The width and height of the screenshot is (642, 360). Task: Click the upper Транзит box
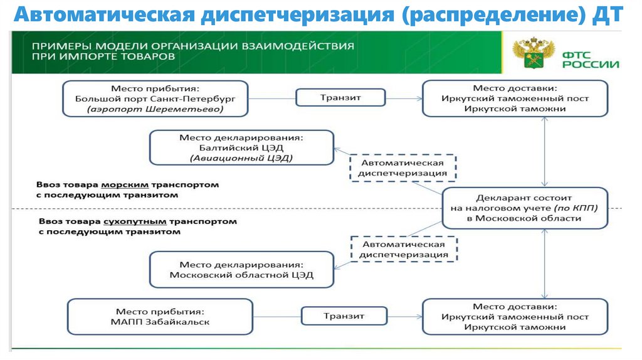coord(341,98)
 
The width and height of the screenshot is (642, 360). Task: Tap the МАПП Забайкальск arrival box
coord(159,317)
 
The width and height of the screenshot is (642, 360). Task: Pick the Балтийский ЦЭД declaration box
coord(241,148)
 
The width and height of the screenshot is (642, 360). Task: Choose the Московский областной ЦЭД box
coord(241,270)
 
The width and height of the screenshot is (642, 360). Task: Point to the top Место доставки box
coord(515,98)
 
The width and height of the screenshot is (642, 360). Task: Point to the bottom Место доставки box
coord(515,317)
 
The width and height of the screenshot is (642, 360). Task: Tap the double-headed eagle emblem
coord(534,54)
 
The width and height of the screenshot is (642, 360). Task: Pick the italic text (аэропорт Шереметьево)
coord(155,109)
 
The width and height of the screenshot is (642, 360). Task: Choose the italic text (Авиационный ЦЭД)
coord(241,159)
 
